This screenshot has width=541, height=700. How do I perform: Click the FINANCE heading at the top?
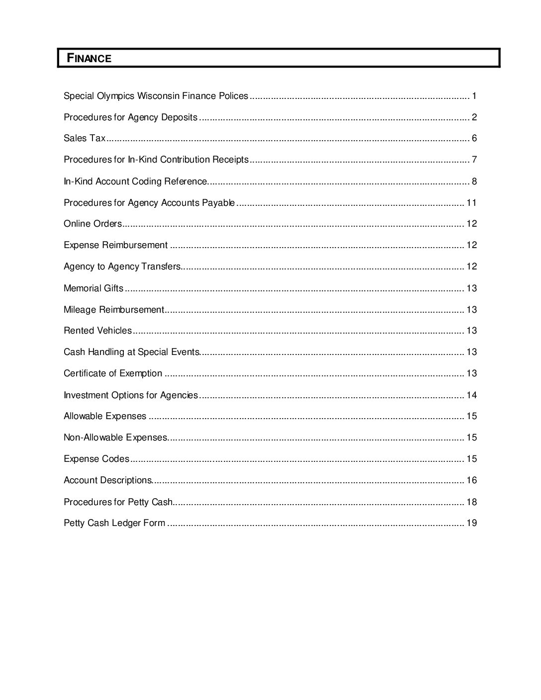[x=90, y=58]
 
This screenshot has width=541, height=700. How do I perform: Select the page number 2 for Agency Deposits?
[x=474, y=117]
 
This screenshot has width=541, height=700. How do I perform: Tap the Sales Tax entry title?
[x=85, y=138]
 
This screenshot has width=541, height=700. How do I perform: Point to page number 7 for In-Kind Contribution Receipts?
[x=474, y=160]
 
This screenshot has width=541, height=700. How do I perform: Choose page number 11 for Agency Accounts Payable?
[x=471, y=203]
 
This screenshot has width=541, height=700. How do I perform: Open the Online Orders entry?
[x=92, y=224]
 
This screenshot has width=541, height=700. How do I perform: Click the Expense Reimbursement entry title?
[x=115, y=245]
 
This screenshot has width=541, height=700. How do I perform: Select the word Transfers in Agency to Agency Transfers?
[x=161, y=266]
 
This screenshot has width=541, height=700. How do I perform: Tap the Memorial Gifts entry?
[x=93, y=288]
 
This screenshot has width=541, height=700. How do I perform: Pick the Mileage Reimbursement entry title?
[x=113, y=310]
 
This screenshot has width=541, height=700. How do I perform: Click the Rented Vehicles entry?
[x=97, y=331]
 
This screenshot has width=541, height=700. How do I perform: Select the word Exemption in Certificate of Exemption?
[x=141, y=373]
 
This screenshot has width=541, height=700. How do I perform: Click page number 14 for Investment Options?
[x=471, y=395]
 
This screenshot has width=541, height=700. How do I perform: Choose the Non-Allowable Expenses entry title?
[x=115, y=437]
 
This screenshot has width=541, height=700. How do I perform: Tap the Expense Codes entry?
[x=96, y=459]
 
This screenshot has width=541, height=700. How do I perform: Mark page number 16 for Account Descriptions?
[x=471, y=480]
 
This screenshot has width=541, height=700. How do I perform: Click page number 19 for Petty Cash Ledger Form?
[x=471, y=523]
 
